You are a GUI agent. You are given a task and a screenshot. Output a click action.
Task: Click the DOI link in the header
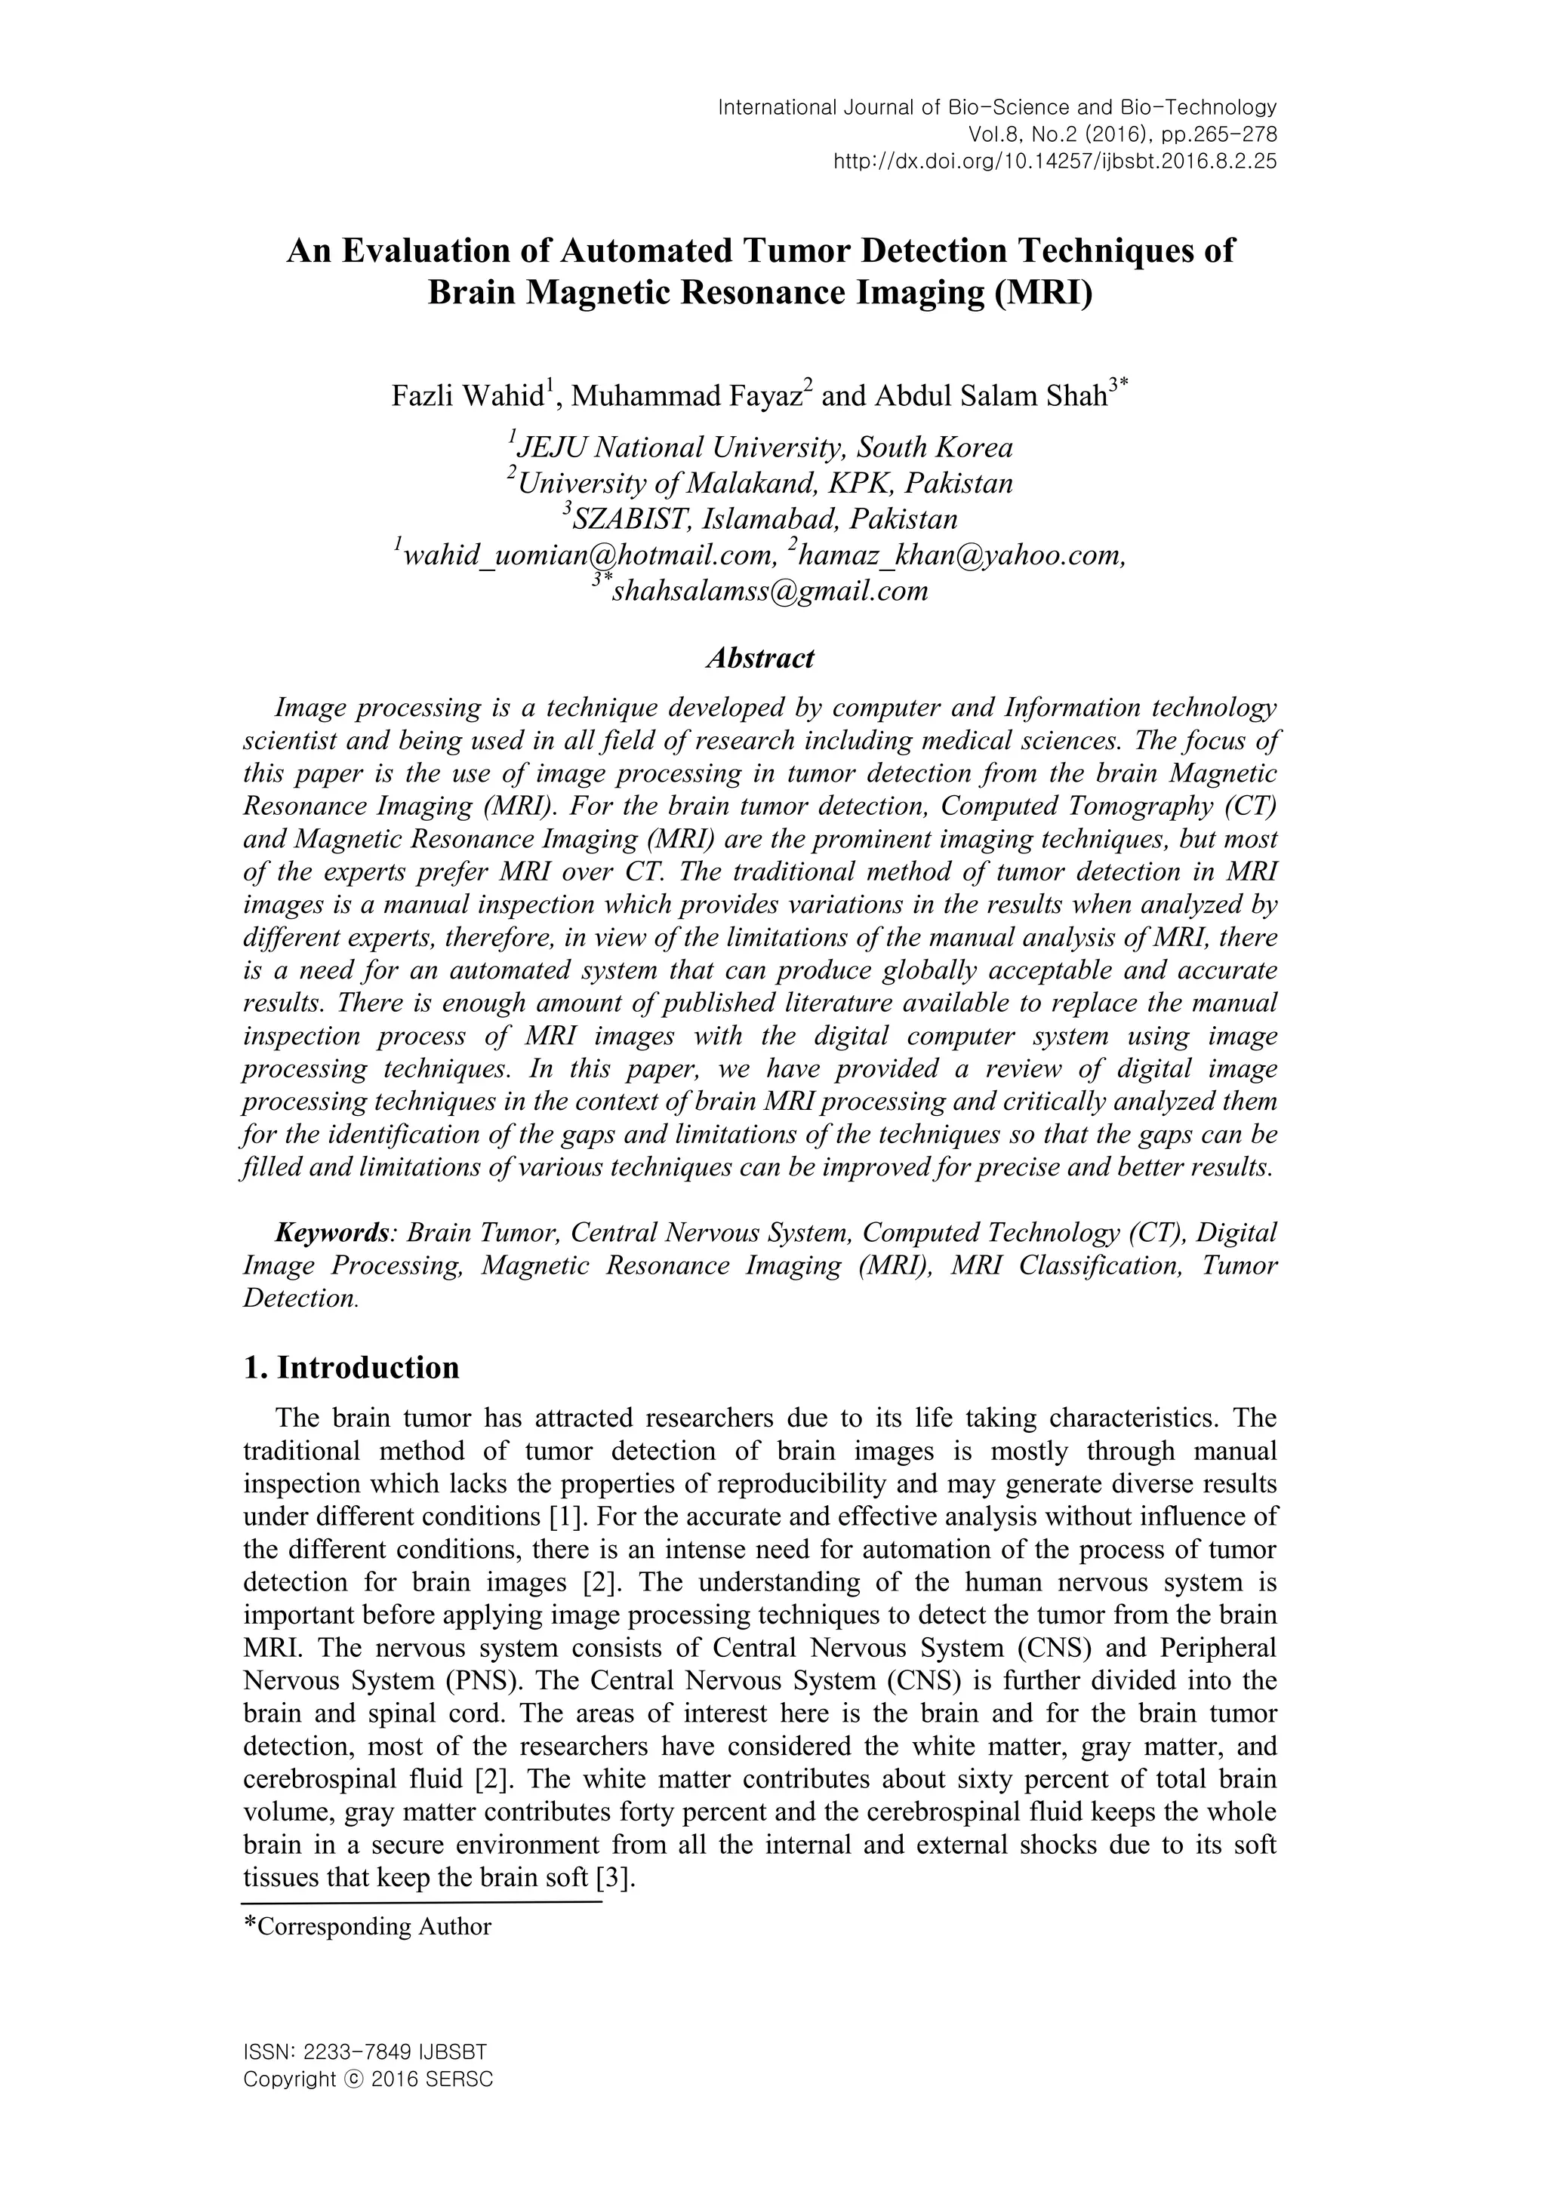coord(1055,161)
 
